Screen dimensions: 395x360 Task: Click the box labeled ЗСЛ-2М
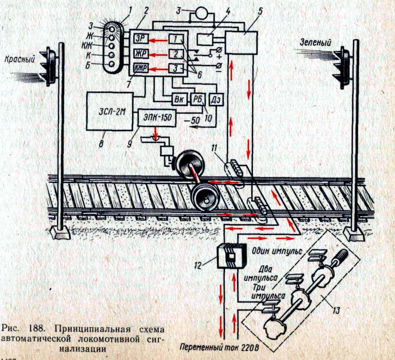[x=110, y=111]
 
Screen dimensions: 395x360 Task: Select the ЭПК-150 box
[x=157, y=117]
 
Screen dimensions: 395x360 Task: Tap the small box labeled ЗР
[x=141, y=39]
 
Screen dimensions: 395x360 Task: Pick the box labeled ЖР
[x=141, y=54]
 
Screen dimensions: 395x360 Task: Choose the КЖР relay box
[x=141, y=68]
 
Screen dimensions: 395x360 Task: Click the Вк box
[x=179, y=100]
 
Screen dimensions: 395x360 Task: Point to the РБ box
[x=198, y=100]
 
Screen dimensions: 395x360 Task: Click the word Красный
[x=19, y=59]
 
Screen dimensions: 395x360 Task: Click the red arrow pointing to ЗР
[x=158, y=41]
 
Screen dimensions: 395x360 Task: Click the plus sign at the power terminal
[x=219, y=57]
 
